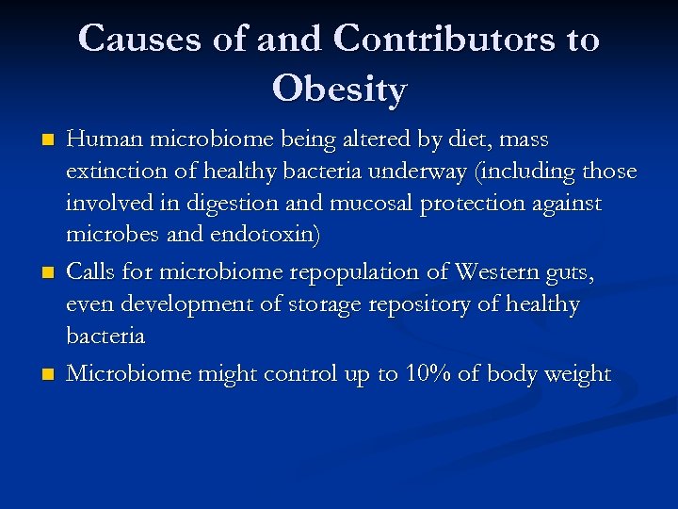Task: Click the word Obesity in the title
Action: [x=339, y=90]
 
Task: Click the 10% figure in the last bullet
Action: [x=428, y=374]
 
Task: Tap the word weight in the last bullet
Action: [x=573, y=374]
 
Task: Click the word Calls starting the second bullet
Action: [x=91, y=271]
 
